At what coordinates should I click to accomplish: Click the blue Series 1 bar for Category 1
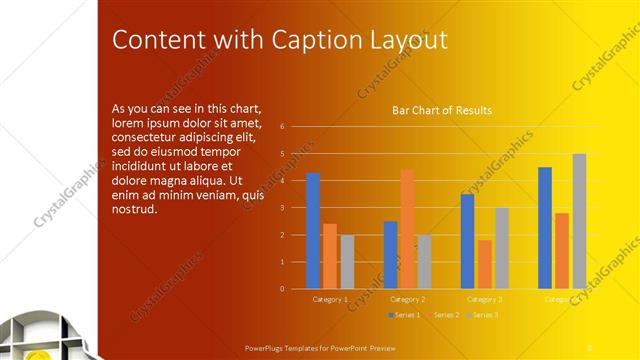[313, 231]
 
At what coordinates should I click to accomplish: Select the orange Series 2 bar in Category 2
[407, 229]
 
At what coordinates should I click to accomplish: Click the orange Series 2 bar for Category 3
[485, 264]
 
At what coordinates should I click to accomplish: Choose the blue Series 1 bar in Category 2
[390, 255]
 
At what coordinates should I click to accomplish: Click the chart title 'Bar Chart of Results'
[441, 110]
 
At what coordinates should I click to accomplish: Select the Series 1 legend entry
[404, 315]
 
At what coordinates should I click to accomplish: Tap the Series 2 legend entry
[442, 315]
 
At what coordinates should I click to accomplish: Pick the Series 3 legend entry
[482, 315]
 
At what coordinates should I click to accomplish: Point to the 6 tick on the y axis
[283, 127]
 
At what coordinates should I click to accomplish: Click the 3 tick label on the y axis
[283, 208]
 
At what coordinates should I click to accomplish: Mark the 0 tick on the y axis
[283, 289]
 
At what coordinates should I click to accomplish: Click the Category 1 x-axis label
[331, 299]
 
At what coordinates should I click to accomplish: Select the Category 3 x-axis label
[485, 299]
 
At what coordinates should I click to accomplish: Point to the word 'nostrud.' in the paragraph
[135, 208]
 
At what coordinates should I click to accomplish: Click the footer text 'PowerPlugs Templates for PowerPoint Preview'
[321, 348]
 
